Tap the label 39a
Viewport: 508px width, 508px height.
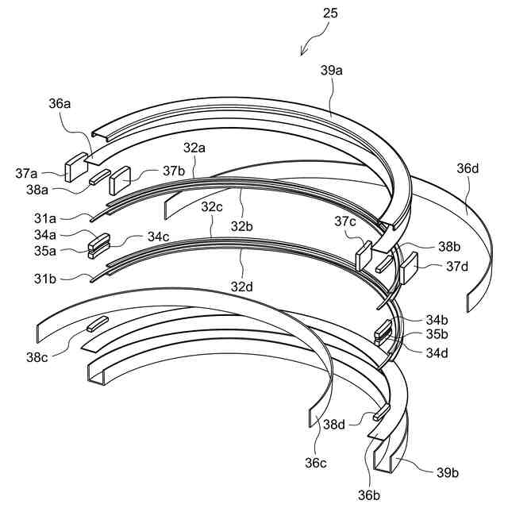pos(332,71)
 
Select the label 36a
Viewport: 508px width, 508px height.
pos(60,102)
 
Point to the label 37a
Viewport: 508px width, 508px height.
pos(48,174)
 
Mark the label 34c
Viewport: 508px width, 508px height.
pos(157,237)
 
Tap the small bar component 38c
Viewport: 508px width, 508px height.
pos(96,322)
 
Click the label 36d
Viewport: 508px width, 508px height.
pos(468,168)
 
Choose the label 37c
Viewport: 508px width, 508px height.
pos(344,222)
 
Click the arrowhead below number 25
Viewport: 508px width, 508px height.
pos(302,52)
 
